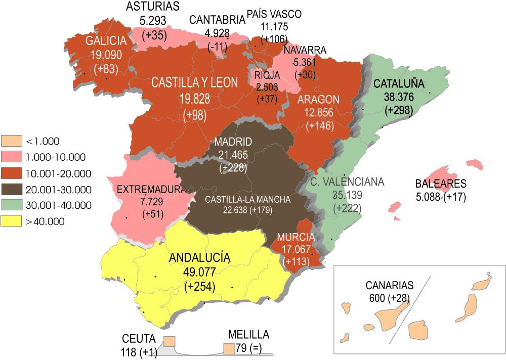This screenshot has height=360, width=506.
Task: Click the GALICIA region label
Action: tap(105, 41)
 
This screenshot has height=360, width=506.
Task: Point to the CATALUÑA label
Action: tap(399, 83)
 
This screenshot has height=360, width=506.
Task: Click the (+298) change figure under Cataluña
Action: tap(399, 110)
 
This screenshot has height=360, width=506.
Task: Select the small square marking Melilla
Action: tap(229, 348)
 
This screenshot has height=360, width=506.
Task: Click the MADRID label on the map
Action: tap(233, 142)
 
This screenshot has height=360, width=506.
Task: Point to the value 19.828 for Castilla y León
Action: tap(195, 99)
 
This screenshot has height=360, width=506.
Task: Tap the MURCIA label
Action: tap(296, 237)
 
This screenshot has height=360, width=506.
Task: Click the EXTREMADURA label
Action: tap(149, 190)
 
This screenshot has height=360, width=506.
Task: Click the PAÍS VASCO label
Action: tap(274, 14)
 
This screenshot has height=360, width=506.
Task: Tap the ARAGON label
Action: tap(318, 99)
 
